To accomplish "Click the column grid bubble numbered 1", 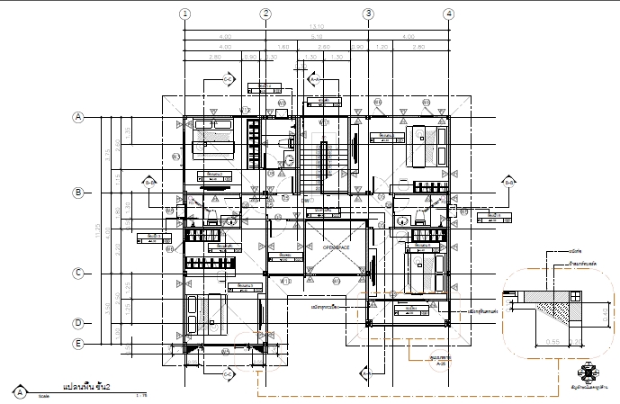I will pos(184,13).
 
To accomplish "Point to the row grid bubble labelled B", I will pos(78,193).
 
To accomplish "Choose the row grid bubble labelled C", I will pos(78,273).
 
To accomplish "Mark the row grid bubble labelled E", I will pos(78,344).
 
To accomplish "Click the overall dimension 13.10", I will pos(316,27).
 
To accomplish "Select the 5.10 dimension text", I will pos(316,37).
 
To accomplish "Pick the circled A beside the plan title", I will pos(19,391).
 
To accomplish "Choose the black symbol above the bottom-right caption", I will pos(589,370).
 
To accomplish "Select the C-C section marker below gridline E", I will pos(229,372).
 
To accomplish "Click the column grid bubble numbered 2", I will pos(265,13).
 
